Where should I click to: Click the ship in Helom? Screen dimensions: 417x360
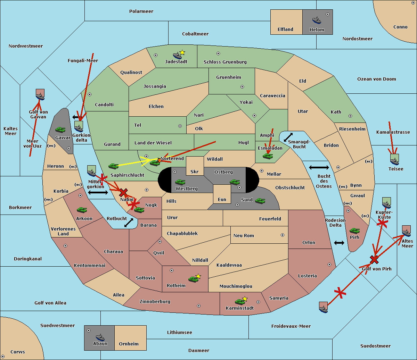point(317,20)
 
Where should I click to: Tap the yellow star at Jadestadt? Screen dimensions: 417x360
point(182,53)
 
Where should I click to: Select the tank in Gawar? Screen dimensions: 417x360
point(60,129)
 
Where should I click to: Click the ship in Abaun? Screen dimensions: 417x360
point(100,337)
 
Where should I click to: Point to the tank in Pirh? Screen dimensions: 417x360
point(354,231)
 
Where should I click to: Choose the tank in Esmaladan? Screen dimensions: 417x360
point(268,156)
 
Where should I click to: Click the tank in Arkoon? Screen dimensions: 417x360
point(82,210)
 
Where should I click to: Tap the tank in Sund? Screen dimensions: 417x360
point(260,201)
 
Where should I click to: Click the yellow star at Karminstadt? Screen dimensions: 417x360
point(245,299)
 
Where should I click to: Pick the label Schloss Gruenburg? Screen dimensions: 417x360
point(225,62)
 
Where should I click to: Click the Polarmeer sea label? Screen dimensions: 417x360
point(141,11)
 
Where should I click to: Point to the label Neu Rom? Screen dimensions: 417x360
point(244,235)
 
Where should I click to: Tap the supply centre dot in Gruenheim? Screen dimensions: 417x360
point(242,87)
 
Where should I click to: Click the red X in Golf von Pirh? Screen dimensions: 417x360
point(374,260)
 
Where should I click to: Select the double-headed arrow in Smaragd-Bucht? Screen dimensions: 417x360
point(288,137)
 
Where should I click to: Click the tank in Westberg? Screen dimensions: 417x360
point(180,182)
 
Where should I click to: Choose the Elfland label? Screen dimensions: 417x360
point(285,30)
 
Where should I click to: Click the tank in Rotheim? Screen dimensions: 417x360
point(193,279)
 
